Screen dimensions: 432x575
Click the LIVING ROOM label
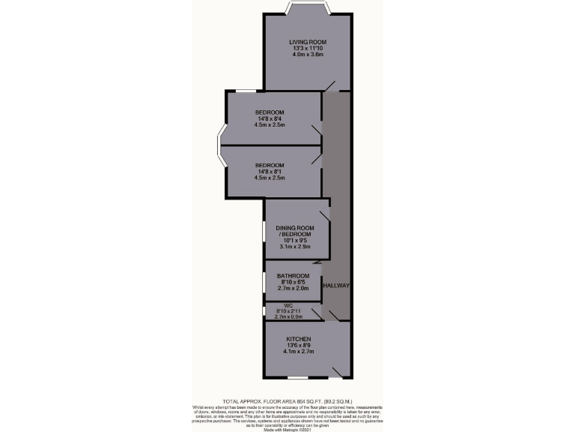click(308, 42)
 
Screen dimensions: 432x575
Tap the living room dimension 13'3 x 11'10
click(308, 49)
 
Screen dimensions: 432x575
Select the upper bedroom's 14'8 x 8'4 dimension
click(270, 118)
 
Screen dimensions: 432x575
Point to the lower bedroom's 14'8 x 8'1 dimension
click(270, 172)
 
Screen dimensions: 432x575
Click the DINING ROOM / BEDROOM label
click(293, 231)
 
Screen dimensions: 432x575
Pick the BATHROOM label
click(293, 276)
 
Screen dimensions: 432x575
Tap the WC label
click(287, 305)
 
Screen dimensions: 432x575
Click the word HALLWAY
click(336, 286)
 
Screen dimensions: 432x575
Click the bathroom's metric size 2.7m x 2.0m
click(293, 289)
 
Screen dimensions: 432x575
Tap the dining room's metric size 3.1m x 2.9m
click(294, 247)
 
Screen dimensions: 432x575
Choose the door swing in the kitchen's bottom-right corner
click(338, 370)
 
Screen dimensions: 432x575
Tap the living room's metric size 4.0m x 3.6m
click(308, 55)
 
